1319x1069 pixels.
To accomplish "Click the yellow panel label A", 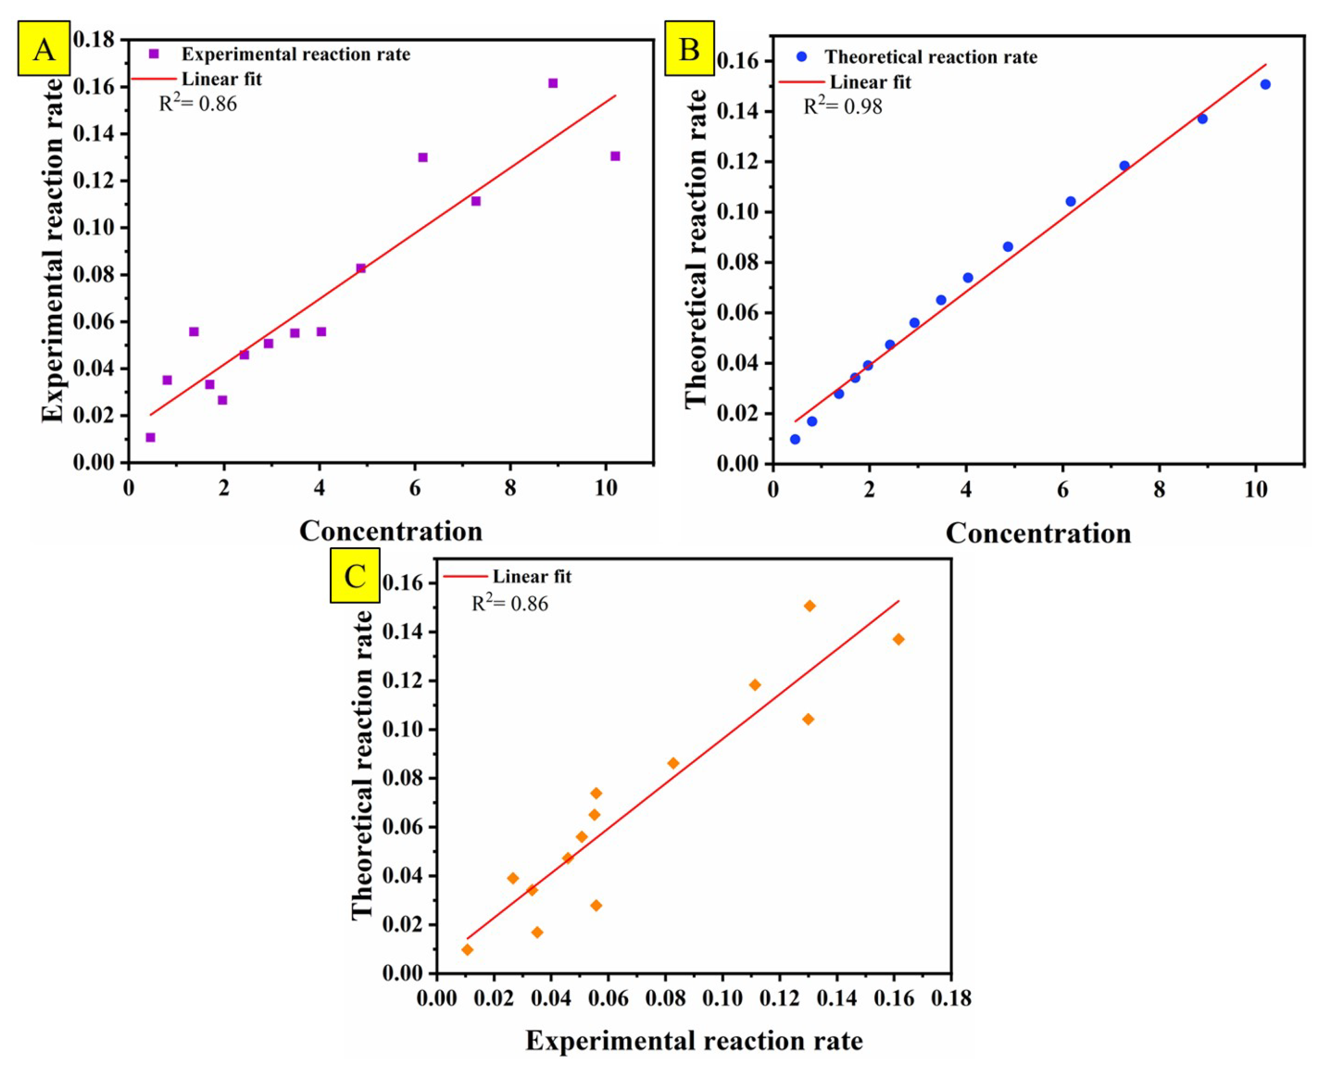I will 44,49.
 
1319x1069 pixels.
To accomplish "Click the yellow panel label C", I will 355,575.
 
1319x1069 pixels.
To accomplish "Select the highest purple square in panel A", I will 553,83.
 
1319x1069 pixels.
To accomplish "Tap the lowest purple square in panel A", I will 150,437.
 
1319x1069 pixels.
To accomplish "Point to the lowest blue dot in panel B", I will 795,439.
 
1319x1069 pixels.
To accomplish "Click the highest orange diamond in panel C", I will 810,606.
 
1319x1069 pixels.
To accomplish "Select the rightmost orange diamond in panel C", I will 898,639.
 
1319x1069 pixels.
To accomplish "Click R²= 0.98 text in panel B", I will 842,107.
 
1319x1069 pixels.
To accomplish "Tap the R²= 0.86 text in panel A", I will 198,104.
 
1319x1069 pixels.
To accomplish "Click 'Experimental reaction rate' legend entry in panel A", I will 295,54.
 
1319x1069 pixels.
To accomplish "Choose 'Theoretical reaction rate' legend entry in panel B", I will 930,57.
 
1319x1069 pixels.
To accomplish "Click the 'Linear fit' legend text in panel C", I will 531,576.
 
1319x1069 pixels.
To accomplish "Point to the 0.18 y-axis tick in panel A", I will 93,40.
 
